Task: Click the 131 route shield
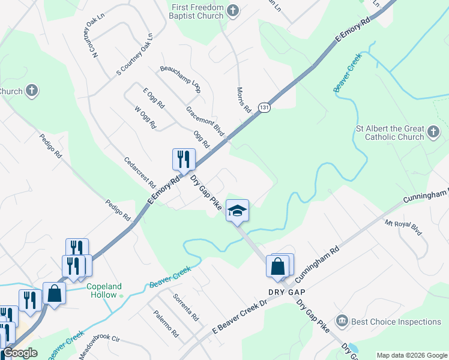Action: (264, 107)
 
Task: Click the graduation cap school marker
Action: (237, 211)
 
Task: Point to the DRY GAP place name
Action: (287, 292)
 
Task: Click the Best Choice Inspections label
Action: (396, 322)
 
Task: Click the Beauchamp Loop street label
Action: (180, 79)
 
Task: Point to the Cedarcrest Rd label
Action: (139, 172)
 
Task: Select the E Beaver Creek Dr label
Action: (239, 317)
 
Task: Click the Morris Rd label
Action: (244, 100)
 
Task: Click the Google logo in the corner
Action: (20, 353)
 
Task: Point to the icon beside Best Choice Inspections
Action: (342, 322)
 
